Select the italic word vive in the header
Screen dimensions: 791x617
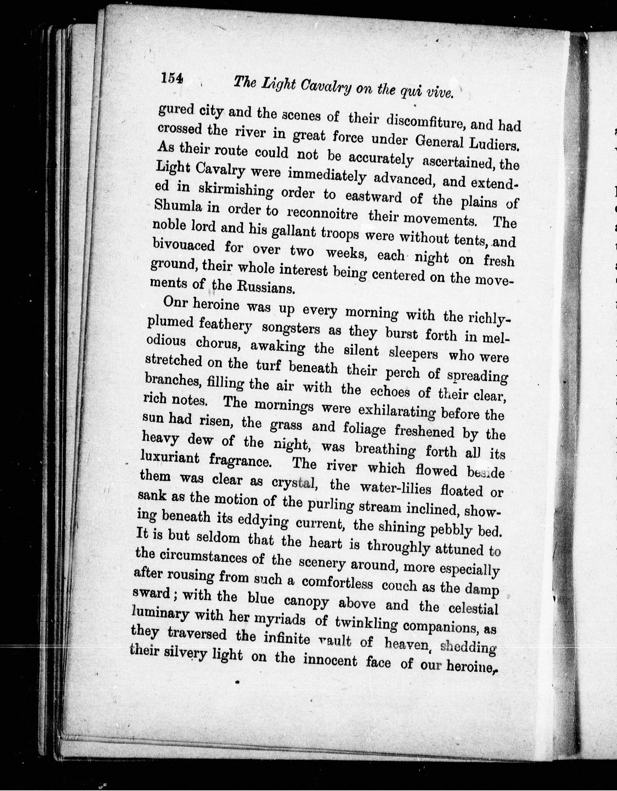click(x=439, y=93)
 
